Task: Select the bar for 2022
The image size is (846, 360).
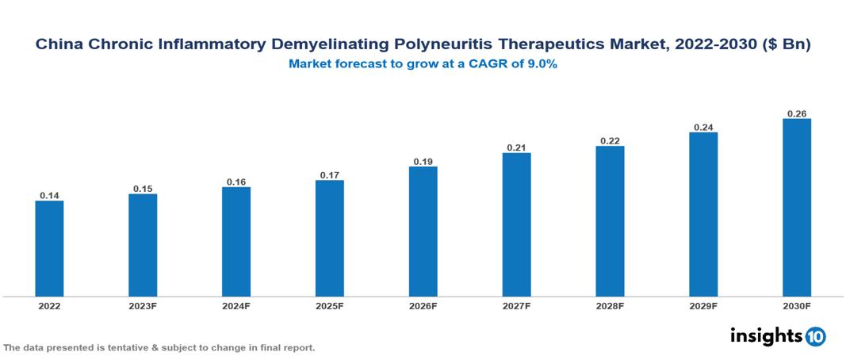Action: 49,248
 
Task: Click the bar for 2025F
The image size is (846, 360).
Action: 329,238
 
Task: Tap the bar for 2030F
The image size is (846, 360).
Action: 797,208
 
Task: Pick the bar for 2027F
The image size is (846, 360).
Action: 516,224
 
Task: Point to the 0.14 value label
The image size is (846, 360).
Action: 49,195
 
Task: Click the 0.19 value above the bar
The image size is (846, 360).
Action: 423,161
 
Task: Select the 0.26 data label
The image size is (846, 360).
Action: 797,113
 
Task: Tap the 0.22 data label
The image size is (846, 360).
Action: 610,140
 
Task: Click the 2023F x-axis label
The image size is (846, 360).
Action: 143,306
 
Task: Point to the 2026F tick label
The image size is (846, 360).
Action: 423,306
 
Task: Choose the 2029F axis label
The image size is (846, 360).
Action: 703,306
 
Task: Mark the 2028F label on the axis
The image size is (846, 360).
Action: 610,306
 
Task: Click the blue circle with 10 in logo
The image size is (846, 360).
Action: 815,336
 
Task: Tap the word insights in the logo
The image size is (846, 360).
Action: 766,335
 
